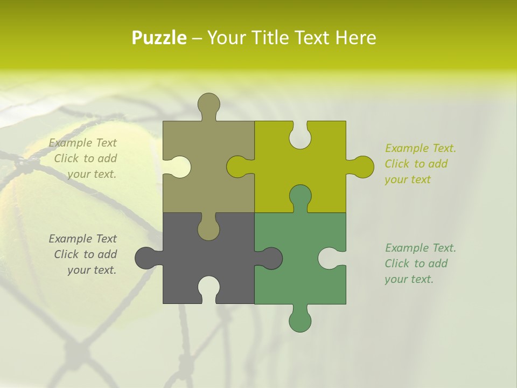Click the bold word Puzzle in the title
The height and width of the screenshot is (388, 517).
[159, 38]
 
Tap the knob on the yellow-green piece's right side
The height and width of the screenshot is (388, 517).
[362, 167]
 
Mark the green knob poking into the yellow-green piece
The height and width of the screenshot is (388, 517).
[300, 196]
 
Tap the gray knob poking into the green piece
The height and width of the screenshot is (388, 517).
[270, 258]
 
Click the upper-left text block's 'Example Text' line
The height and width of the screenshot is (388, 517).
[83, 143]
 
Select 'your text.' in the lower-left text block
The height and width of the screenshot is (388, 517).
[92, 270]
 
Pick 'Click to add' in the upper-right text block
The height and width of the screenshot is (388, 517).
[416, 164]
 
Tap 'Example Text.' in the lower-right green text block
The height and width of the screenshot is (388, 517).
[420, 248]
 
